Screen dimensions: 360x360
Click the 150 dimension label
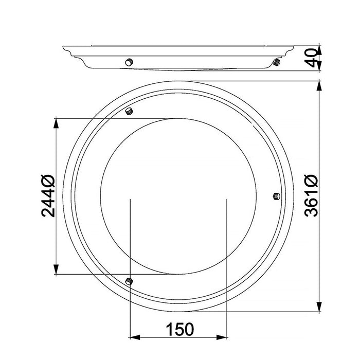(180, 329)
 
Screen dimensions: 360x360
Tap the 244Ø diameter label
(48, 196)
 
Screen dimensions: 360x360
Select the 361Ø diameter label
(311, 196)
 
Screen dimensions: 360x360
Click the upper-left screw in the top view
(129, 111)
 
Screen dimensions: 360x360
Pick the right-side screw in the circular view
(277, 196)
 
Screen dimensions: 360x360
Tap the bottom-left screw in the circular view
(129, 281)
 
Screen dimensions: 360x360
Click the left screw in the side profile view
(129, 62)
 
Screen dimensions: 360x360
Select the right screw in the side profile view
(277, 62)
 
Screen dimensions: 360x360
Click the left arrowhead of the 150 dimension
(135, 337)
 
